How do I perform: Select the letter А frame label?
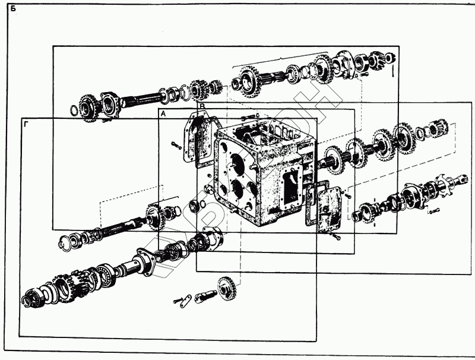coord(163,113)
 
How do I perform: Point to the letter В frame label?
coord(202,106)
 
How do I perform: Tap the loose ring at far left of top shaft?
coord(73,110)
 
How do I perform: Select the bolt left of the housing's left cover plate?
coord(175,143)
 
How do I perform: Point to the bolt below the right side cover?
coord(336,237)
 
